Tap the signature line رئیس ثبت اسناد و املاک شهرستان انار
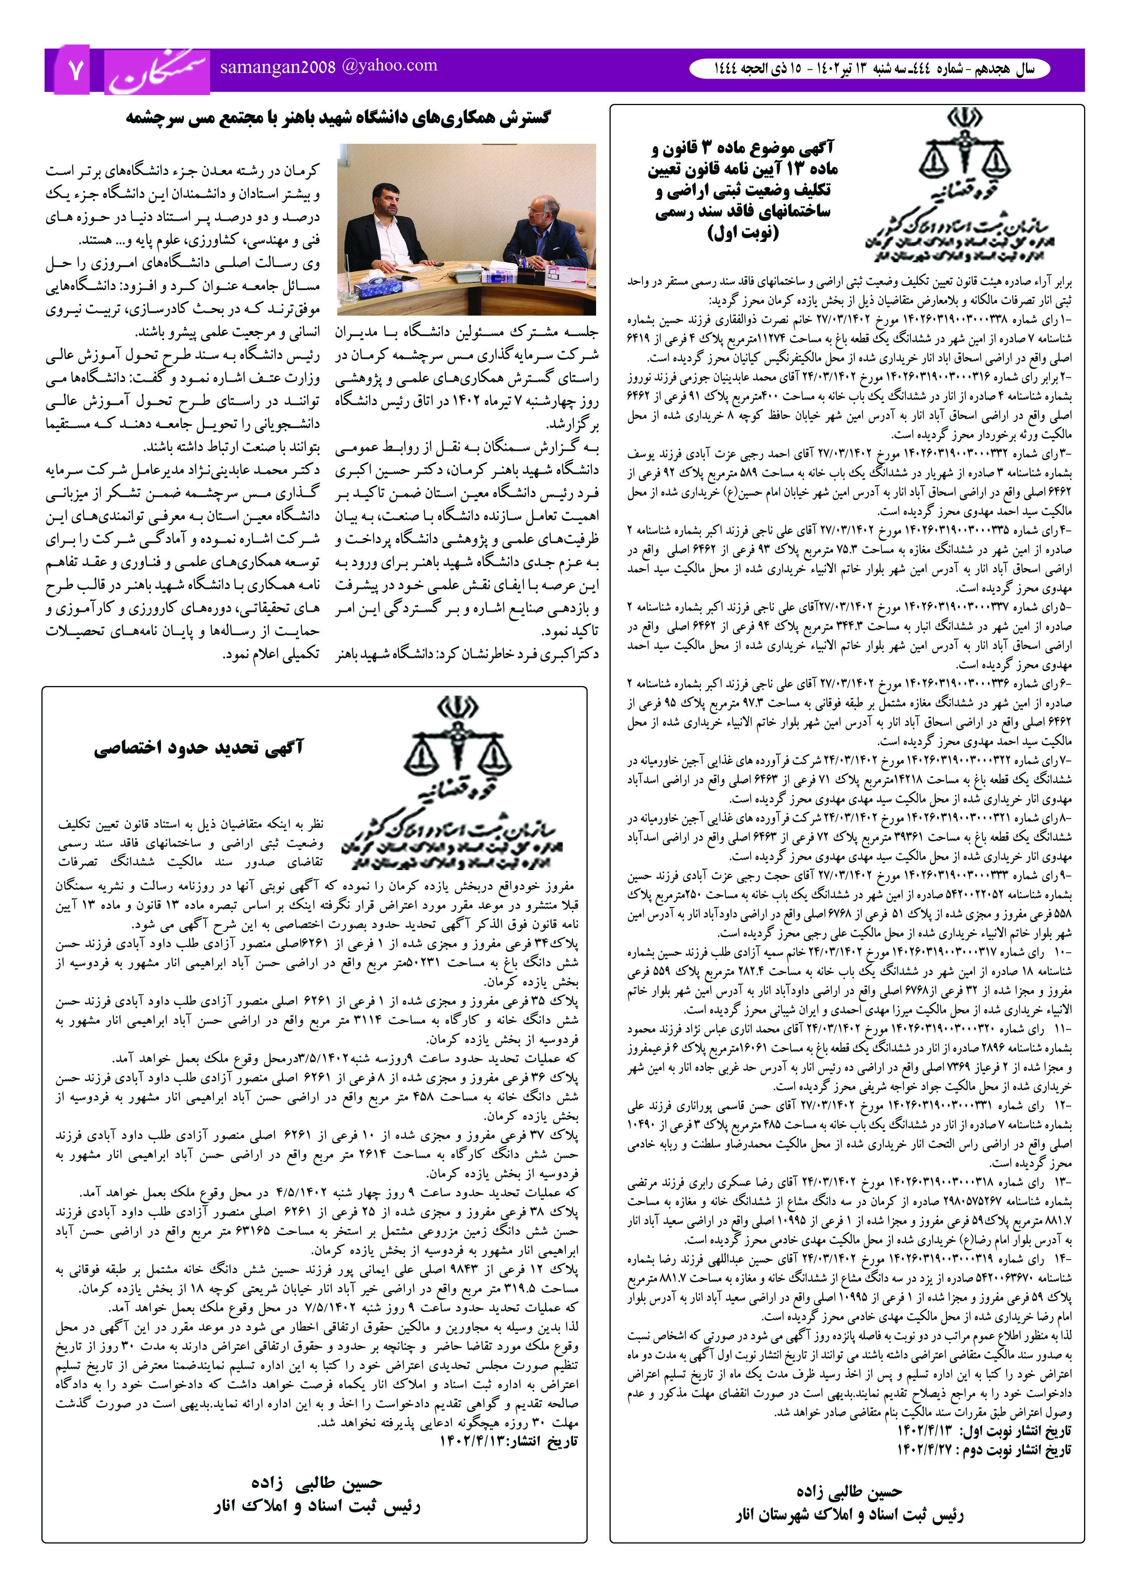[849, 1516]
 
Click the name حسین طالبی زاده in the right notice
[849, 1492]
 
